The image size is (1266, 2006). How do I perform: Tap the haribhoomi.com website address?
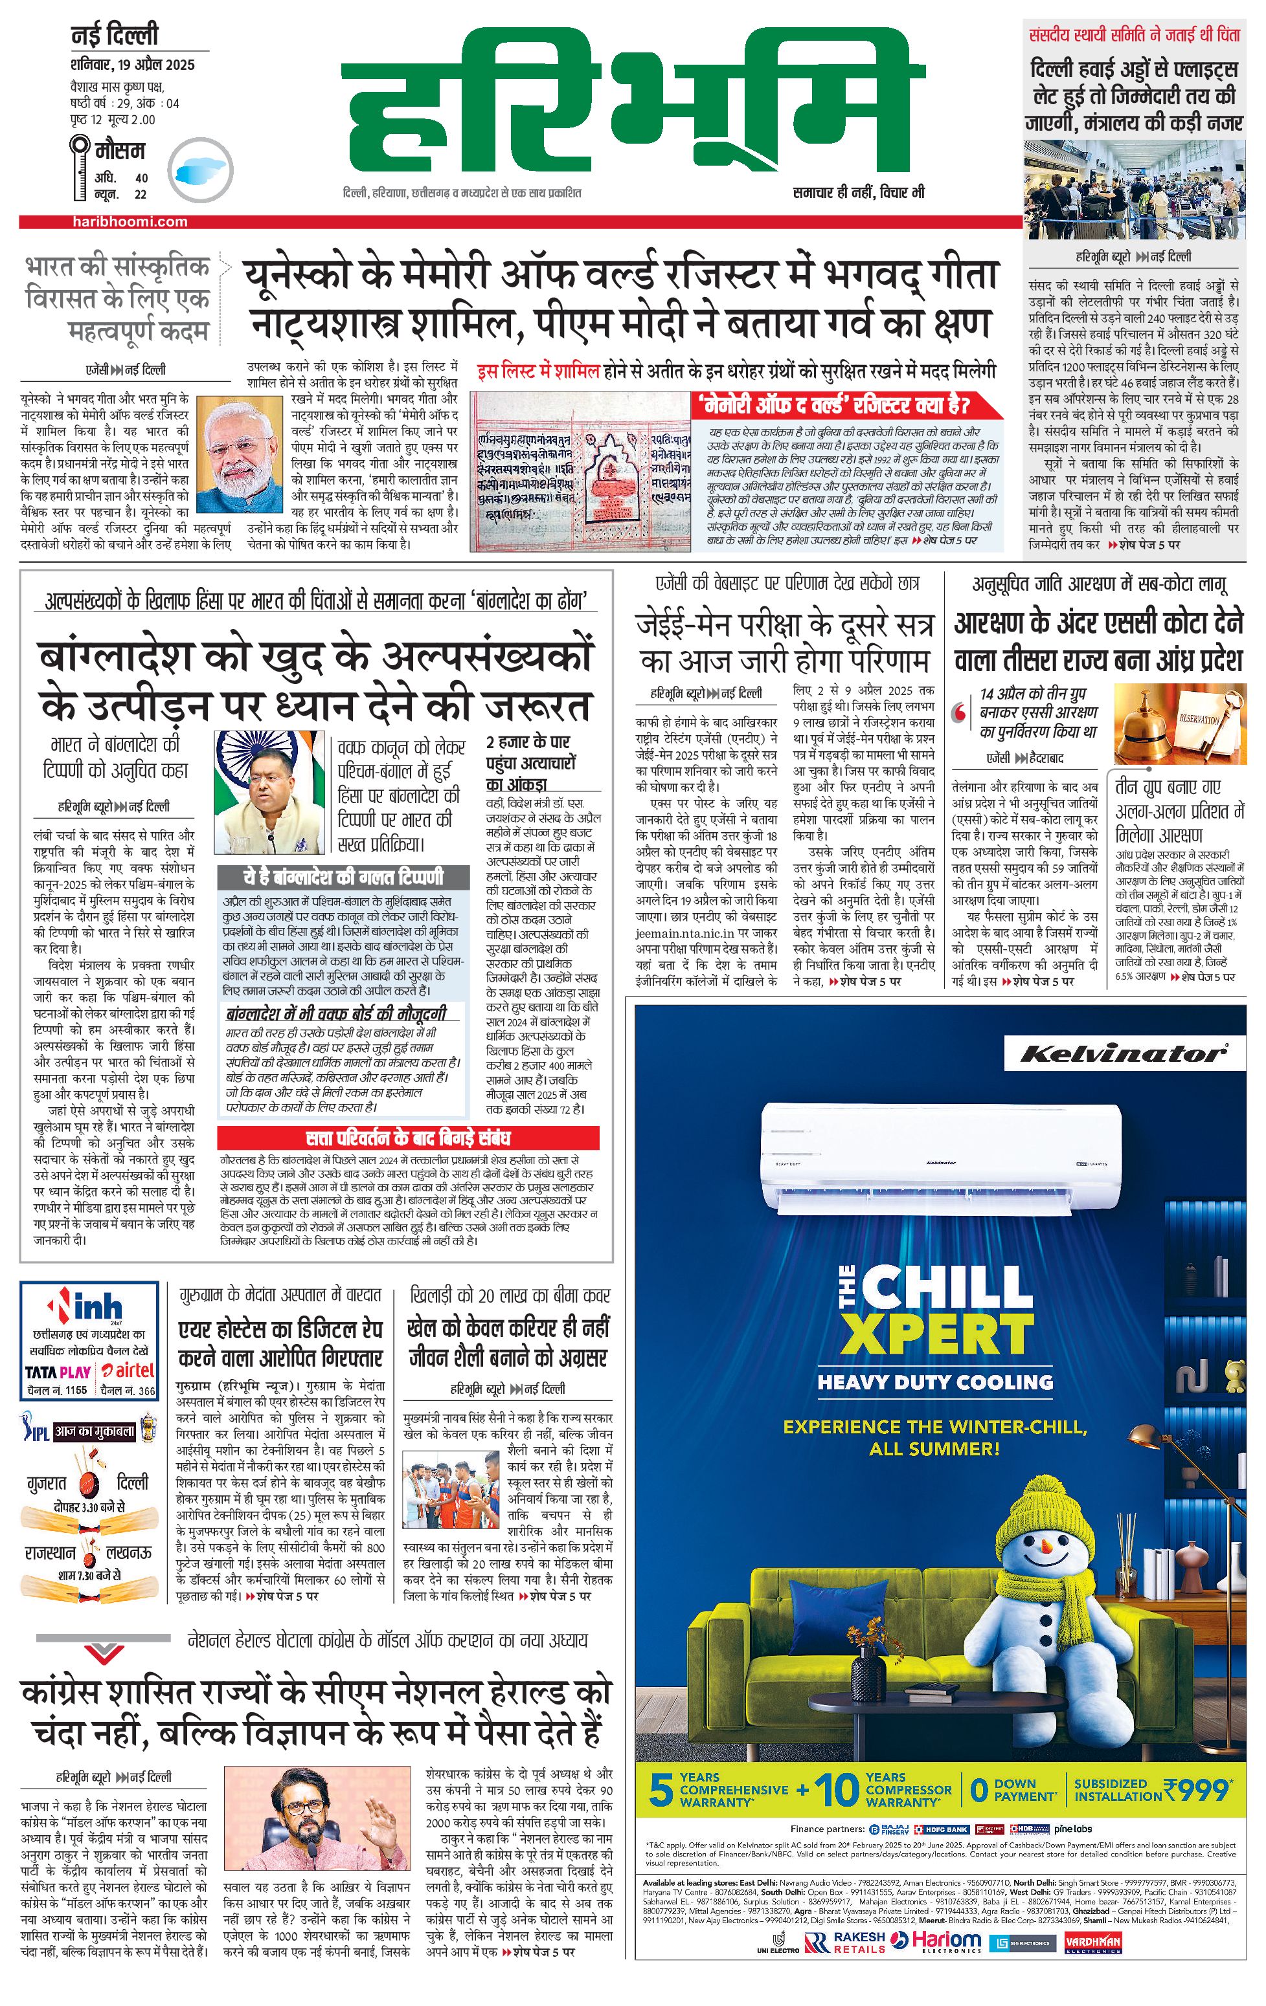click(x=129, y=221)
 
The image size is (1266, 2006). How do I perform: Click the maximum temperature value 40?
click(x=141, y=177)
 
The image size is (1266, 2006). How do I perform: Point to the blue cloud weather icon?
click(x=198, y=170)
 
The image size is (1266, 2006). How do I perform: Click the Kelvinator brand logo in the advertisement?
click(x=1123, y=1054)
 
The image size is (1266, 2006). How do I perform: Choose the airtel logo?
click(x=129, y=1371)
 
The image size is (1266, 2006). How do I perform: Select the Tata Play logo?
click(x=58, y=1372)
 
